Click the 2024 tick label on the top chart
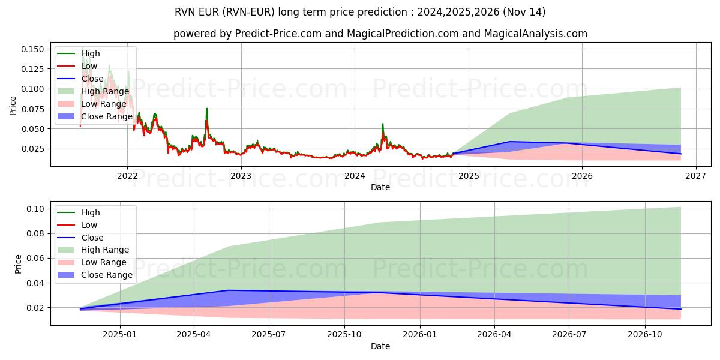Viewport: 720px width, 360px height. pos(355,176)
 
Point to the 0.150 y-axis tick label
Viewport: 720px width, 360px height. pos(32,49)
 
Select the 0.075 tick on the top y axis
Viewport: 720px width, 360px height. pos(32,109)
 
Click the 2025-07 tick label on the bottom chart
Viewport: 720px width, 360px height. pos(269,335)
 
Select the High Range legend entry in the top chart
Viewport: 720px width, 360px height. pos(105,91)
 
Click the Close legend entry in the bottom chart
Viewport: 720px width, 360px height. pos(92,238)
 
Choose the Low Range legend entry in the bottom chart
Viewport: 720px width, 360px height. pos(104,262)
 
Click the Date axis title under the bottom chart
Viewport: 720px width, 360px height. pos(380,346)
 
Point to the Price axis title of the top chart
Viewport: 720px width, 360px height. pos(13,106)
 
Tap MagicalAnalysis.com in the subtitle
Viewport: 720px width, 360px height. pos(537,34)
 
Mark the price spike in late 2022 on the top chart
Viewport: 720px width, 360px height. pos(207,109)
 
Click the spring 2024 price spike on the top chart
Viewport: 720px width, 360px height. pos(383,124)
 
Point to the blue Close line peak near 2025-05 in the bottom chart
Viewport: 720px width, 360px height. pos(228,290)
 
